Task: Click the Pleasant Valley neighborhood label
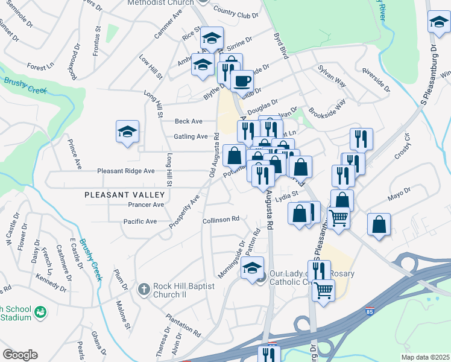[124, 195]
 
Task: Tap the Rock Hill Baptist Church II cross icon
[143, 290]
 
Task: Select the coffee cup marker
[242, 81]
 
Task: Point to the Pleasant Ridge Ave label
[126, 171]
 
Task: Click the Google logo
[20, 355]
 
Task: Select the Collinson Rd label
[221, 220]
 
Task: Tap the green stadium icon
[40, 312]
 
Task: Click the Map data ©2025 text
[425, 357]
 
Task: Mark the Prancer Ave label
[146, 205]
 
